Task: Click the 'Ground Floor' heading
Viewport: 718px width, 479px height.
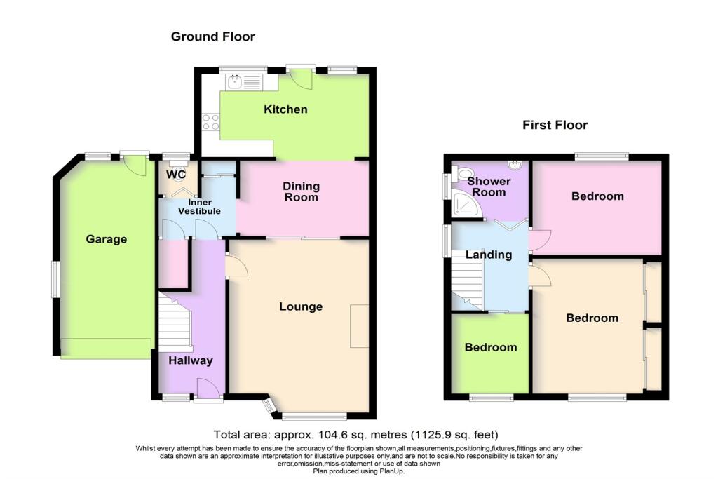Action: (x=213, y=36)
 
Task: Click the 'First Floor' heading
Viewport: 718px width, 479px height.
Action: (x=555, y=126)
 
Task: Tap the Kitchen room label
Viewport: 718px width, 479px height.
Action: (x=285, y=109)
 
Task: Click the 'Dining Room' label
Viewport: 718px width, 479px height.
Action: (x=302, y=191)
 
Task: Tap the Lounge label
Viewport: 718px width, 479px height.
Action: (x=301, y=306)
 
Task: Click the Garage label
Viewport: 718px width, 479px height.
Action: (x=106, y=239)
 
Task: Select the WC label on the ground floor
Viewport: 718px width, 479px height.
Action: (x=175, y=174)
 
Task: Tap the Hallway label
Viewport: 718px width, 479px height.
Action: (x=190, y=360)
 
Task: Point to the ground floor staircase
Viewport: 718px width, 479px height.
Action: (x=174, y=323)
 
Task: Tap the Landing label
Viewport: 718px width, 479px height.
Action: (x=489, y=255)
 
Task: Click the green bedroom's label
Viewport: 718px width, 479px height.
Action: (x=491, y=347)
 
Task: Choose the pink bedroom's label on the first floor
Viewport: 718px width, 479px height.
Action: (x=597, y=196)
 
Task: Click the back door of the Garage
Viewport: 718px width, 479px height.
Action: (x=135, y=164)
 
